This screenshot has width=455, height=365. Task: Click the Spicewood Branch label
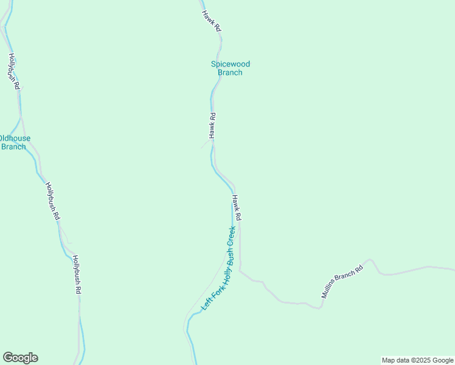click(x=230, y=68)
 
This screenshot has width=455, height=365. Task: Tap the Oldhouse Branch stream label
click(x=13, y=142)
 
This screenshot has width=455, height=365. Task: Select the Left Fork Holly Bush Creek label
click(x=218, y=268)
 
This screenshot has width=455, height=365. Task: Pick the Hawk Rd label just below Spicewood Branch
click(x=212, y=125)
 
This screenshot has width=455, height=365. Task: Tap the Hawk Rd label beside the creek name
click(x=237, y=207)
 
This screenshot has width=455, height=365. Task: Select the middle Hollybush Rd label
click(x=53, y=201)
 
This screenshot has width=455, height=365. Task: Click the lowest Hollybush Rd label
click(x=77, y=274)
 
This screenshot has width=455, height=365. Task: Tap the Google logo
click(x=20, y=358)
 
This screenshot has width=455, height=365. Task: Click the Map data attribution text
click(x=417, y=360)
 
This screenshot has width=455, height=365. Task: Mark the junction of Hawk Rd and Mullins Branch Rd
click(x=240, y=270)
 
